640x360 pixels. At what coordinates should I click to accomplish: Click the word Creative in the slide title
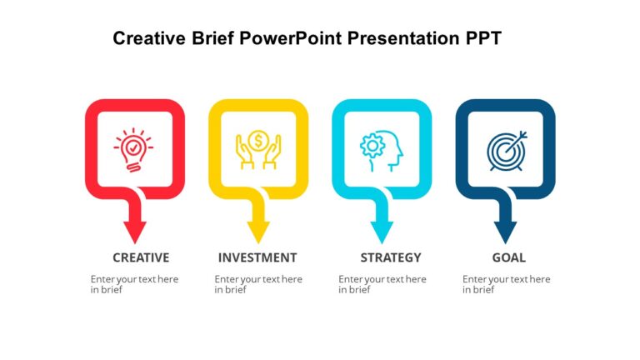pyautogui.click(x=144, y=38)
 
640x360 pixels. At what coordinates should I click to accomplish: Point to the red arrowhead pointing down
pyautogui.click(x=134, y=232)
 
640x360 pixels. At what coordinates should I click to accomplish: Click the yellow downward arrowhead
pyautogui.click(x=257, y=232)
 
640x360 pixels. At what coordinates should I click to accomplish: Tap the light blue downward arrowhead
pyautogui.click(x=382, y=232)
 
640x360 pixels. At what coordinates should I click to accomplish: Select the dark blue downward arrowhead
pyautogui.click(x=505, y=232)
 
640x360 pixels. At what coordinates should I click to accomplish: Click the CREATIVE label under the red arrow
pyautogui.click(x=141, y=257)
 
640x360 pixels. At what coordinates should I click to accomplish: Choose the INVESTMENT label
pyautogui.click(x=257, y=257)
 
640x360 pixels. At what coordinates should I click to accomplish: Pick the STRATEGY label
pyautogui.click(x=390, y=257)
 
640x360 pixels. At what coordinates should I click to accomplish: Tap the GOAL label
pyautogui.click(x=508, y=257)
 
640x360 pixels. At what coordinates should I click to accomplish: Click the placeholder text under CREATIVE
pyautogui.click(x=134, y=284)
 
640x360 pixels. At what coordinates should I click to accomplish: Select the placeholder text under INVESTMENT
pyautogui.click(x=258, y=284)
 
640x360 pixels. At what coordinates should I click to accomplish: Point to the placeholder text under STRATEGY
pyautogui.click(x=382, y=284)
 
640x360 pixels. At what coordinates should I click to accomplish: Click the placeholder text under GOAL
pyautogui.click(x=507, y=284)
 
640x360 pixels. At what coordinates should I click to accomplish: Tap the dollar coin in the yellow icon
pyautogui.click(x=257, y=141)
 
